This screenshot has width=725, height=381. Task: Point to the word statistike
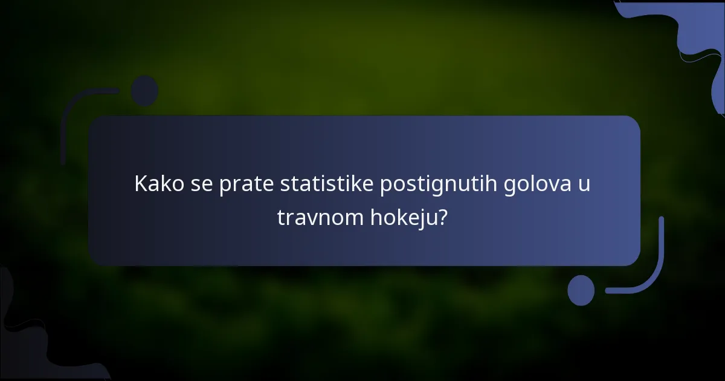click(327, 184)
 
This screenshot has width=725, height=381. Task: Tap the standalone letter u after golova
click(583, 184)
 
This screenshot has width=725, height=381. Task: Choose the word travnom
click(320, 217)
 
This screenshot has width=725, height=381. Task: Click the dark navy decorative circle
click(144, 91)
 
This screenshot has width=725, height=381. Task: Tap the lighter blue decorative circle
click(581, 290)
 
